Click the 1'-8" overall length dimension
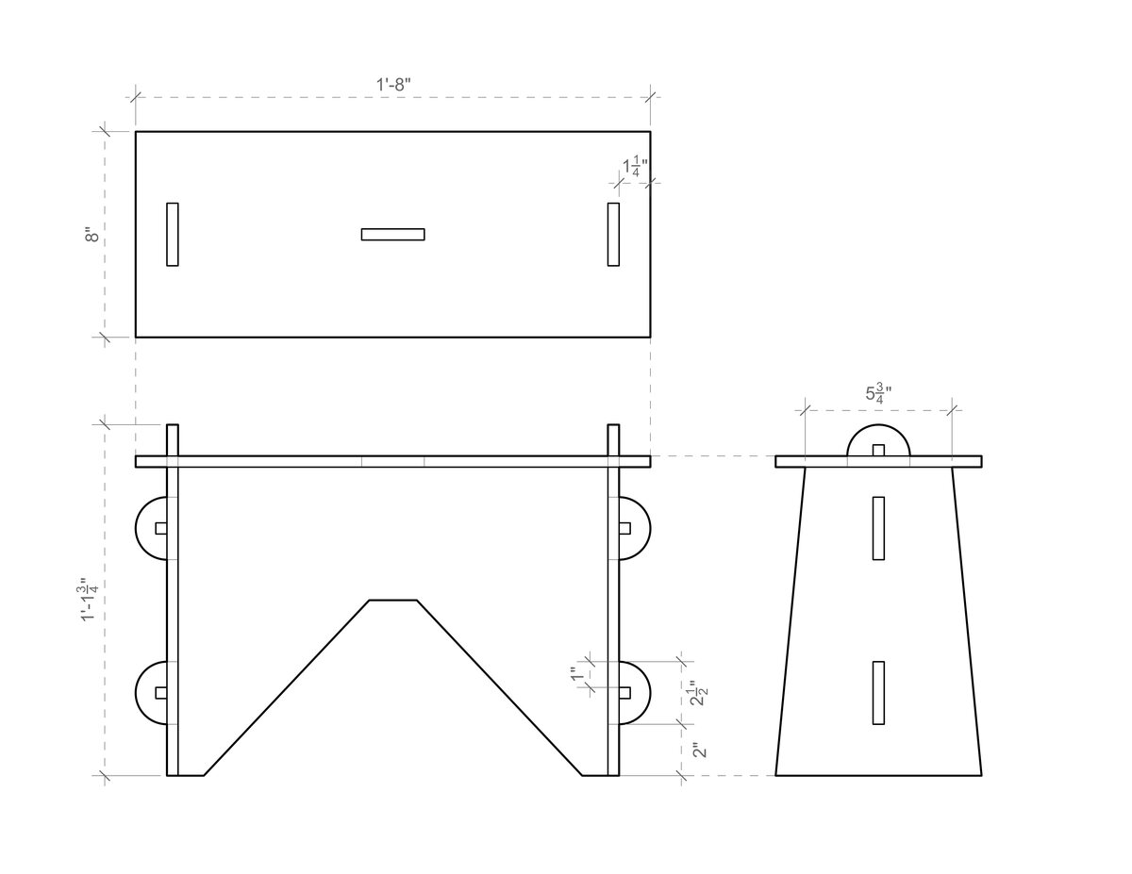(x=392, y=83)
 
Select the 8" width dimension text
(x=92, y=234)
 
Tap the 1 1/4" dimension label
(x=635, y=168)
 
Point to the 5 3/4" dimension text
(x=879, y=394)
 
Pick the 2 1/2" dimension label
(x=697, y=693)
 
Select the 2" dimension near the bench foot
(x=697, y=750)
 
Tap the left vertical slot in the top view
(x=173, y=234)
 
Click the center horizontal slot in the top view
(x=392, y=234)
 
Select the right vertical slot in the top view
(x=613, y=234)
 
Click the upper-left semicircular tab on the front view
(x=152, y=528)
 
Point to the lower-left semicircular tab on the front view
(x=152, y=692)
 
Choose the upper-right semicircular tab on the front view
(x=634, y=528)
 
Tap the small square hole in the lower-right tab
(x=624, y=692)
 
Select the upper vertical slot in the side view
(x=879, y=528)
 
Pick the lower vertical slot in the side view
(x=879, y=692)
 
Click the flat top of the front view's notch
(x=392, y=600)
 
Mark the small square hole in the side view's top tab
(x=879, y=451)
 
